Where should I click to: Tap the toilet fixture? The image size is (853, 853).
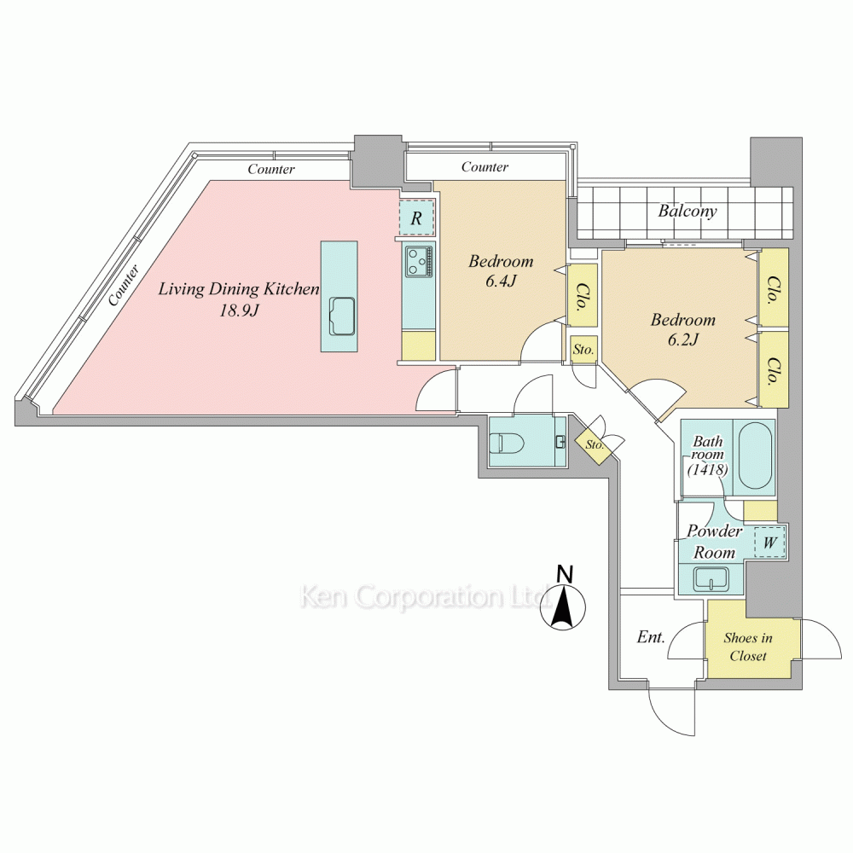(505, 442)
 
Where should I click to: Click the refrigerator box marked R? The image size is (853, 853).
(417, 218)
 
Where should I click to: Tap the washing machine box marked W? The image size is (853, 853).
(769, 542)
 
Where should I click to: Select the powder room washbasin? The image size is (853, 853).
(711, 579)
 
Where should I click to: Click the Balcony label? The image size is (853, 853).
(687, 211)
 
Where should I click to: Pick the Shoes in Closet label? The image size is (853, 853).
(748, 647)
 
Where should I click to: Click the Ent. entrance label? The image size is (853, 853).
(651, 636)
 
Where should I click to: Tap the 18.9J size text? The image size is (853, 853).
(238, 310)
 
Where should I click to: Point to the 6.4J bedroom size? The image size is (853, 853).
(501, 281)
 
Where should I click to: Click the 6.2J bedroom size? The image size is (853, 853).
(682, 339)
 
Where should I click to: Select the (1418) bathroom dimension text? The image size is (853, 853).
(708, 468)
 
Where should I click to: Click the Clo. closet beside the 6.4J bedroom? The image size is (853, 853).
(582, 296)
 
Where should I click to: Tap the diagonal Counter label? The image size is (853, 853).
(124, 285)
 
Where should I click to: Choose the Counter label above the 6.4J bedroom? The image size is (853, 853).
(485, 166)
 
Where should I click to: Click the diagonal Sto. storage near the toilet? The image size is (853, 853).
(595, 444)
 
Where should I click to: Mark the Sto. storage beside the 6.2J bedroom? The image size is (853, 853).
(583, 349)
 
